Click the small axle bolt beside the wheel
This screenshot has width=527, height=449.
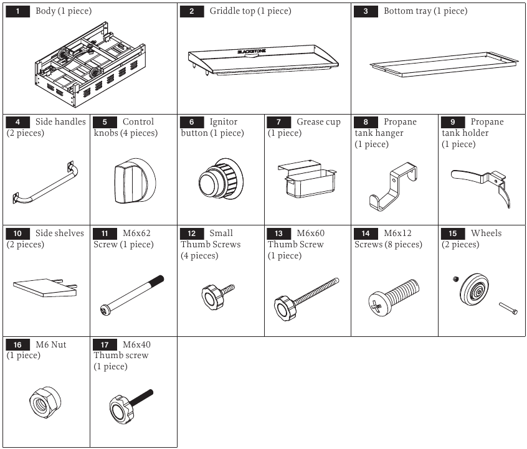click(x=508, y=308)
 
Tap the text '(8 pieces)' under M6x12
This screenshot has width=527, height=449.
click(x=399, y=245)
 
